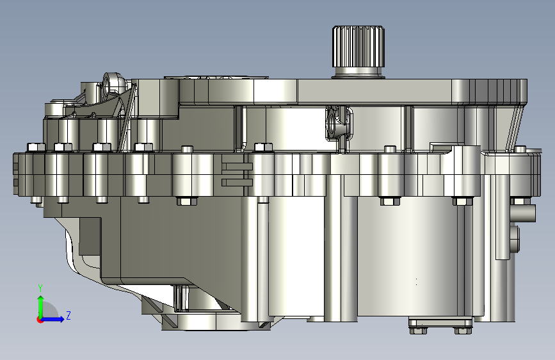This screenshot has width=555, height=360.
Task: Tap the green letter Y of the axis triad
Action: pos(40,288)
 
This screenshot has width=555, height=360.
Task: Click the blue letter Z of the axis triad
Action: pos(68,315)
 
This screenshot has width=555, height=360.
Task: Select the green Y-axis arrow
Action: pos(41,307)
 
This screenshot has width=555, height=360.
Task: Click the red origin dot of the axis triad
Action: pos(40,320)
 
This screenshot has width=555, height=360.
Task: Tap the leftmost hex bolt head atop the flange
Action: pos(36,147)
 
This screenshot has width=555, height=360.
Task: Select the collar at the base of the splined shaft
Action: pos(358,72)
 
